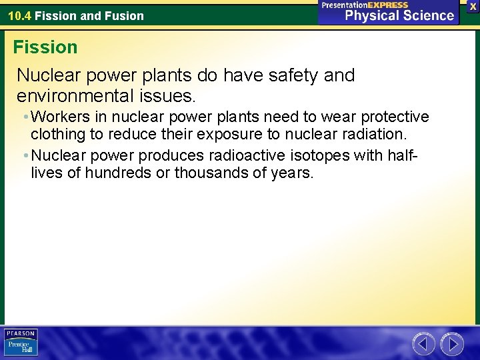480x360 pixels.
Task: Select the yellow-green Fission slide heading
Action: pos(45,47)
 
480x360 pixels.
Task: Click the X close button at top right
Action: pos(473,5)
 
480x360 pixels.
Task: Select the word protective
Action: pos(395,117)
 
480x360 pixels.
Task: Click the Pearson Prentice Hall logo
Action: pos(21,342)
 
